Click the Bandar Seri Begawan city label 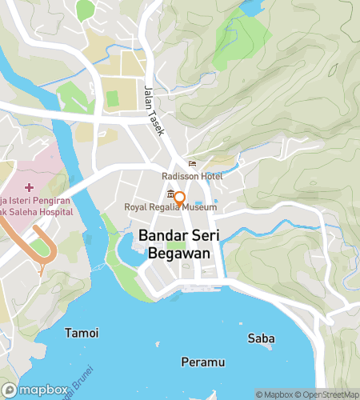[179, 244]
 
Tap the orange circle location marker [180, 198]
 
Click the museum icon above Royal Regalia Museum [170, 195]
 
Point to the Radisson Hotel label [191, 177]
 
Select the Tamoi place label [82, 333]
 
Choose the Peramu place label [202, 362]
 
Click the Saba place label [262, 338]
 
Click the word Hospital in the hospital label [51, 212]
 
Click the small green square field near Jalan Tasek [113, 99]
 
